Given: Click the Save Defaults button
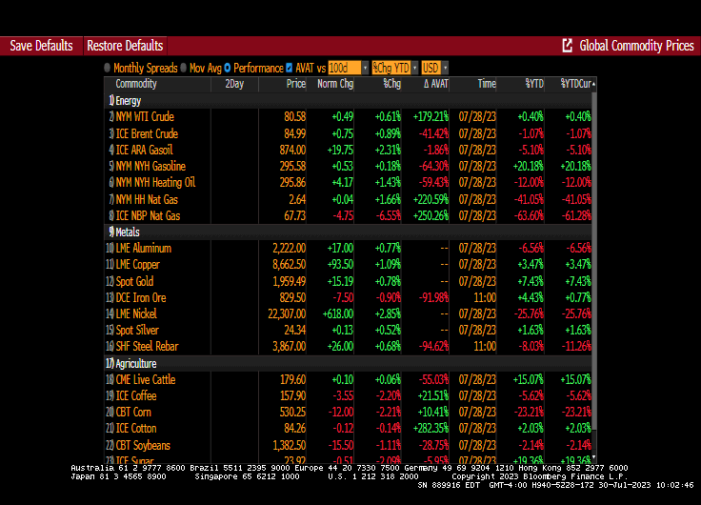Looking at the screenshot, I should pyautogui.click(x=41, y=46).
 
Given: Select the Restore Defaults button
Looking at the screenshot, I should pyautogui.click(x=125, y=46).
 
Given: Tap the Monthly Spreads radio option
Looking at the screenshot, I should pyautogui.click(x=108, y=68).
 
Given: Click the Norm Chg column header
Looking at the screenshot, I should pyautogui.click(x=334, y=84).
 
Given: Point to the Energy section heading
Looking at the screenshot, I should pyautogui.click(x=129, y=100).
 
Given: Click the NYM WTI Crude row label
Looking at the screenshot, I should pyautogui.click(x=145, y=116).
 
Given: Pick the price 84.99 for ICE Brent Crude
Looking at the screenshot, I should pyautogui.click(x=294, y=133).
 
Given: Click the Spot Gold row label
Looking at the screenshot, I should pyautogui.click(x=134, y=281).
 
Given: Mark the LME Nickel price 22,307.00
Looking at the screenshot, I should pyautogui.click(x=283, y=313).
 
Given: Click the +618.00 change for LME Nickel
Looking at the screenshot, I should pyautogui.click(x=334, y=313).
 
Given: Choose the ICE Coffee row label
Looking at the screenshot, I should pyautogui.click(x=136, y=396).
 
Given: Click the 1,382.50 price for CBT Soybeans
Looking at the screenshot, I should pyautogui.click(x=287, y=446).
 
